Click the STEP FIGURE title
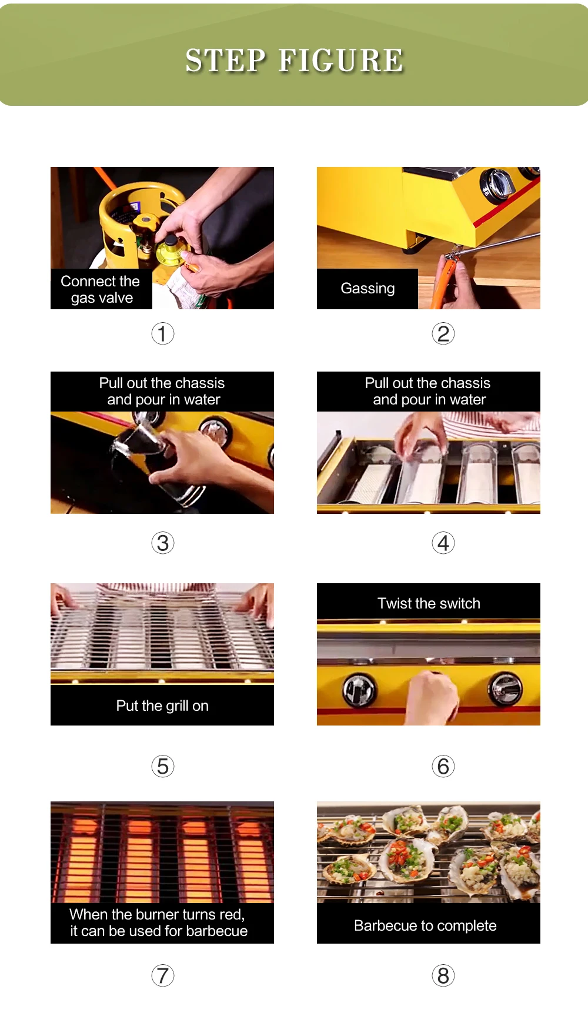(x=295, y=61)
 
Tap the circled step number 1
(x=163, y=333)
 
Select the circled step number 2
(x=443, y=333)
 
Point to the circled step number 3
(x=163, y=543)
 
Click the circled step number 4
(x=443, y=543)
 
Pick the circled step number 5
(x=163, y=766)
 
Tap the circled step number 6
(x=443, y=766)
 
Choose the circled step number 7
(x=163, y=975)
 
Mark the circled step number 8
(x=443, y=975)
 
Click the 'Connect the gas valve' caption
(x=101, y=289)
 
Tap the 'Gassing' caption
(x=367, y=289)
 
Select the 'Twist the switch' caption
(x=429, y=603)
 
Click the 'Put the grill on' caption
(x=162, y=706)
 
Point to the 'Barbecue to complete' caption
(x=425, y=925)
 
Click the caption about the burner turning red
(x=158, y=922)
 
